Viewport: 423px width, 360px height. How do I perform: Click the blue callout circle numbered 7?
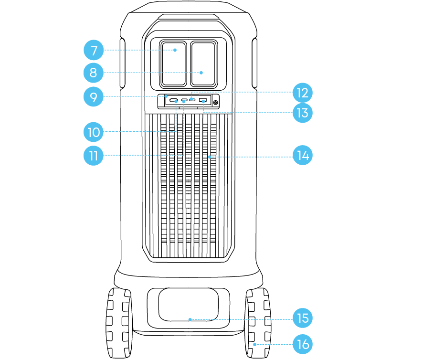point(94,50)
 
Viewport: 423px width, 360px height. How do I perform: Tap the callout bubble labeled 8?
point(94,73)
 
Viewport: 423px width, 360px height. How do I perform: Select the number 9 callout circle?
point(94,96)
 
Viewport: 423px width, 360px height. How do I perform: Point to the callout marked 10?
point(94,132)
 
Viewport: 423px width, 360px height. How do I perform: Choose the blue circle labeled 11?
point(94,156)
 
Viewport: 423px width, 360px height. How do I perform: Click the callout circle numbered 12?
point(303,93)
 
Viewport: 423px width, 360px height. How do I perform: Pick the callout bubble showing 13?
point(303,113)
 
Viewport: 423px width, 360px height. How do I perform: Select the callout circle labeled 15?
point(303,318)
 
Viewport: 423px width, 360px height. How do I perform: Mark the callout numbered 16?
point(303,344)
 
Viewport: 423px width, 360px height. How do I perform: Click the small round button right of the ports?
point(215,103)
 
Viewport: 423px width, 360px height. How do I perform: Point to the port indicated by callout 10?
point(174,100)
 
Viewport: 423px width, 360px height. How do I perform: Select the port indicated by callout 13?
point(203,100)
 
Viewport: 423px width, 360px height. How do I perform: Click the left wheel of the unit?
point(119,323)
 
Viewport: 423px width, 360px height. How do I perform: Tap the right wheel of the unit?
point(258,323)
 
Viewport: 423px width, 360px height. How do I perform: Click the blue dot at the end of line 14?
point(210,157)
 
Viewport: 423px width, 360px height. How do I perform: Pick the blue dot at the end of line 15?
point(190,319)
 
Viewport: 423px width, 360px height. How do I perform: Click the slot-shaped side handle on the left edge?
point(123,63)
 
